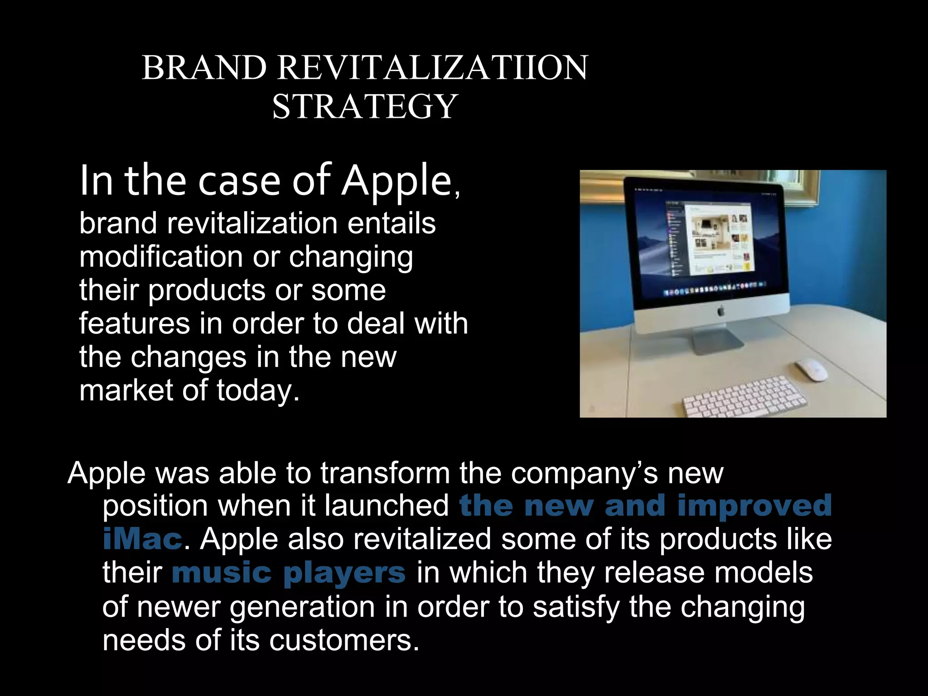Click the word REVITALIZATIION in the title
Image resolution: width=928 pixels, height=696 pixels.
[x=432, y=68]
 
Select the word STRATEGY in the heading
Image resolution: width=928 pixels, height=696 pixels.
[x=364, y=107]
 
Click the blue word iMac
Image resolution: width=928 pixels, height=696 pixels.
[x=142, y=539]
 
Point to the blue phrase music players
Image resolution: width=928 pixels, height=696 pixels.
[x=289, y=573]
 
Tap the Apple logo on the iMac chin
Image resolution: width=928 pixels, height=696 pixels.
[x=720, y=311]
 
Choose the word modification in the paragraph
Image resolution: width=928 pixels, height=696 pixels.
[x=161, y=257]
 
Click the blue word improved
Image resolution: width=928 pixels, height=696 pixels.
[x=754, y=506]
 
